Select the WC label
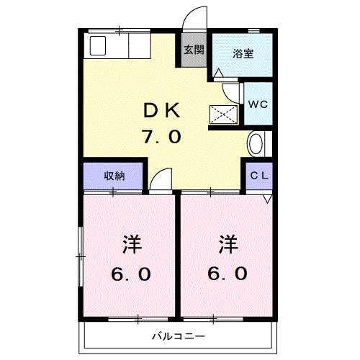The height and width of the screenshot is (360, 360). [x=257, y=104]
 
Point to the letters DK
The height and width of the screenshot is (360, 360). [x=163, y=110]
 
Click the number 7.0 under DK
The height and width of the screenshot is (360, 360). [x=163, y=136]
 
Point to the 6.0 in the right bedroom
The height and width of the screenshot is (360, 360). [x=228, y=274]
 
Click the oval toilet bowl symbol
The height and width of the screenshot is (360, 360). [x=256, y=144]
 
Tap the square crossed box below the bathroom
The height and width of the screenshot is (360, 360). [x=224, y=114]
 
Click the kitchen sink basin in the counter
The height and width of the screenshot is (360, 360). [x=96, y=47]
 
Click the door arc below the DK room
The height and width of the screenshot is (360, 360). [x=163, y=180]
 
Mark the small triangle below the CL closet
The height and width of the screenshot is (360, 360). [x=268, y=199]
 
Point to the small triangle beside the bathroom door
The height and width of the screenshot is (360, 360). [x=219, y=73]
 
